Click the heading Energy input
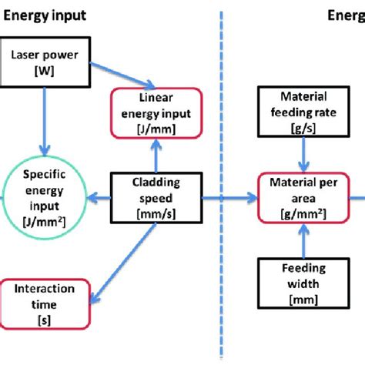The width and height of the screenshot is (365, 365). [44, 14]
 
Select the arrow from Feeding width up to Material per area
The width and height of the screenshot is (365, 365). [307, 239]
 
